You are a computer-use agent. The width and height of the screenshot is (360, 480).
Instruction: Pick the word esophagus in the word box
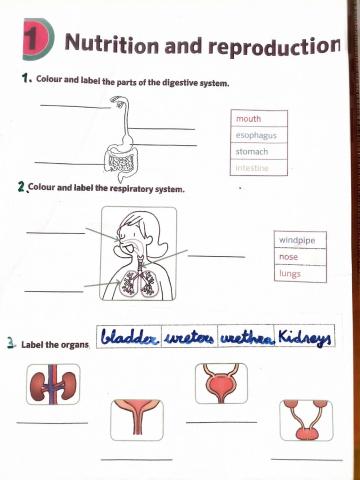click(x=256, y=135)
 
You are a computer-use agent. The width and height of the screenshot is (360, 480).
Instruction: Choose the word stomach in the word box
click(x=251, y=151)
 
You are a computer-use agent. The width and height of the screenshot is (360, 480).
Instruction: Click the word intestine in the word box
click(x=253, y=167)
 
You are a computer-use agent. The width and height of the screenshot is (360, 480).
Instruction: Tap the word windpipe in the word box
click(x=296, y=240)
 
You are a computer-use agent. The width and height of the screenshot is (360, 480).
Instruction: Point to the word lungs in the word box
click(x=290, y=273)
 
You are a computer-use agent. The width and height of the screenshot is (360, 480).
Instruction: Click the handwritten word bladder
click(x=130, y=335)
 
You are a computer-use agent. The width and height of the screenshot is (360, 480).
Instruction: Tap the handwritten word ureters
click(x=189, y=336)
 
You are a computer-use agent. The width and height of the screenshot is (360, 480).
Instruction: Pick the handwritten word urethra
click(x=245, y=336)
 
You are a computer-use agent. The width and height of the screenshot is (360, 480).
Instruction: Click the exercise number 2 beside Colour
click(x=22, y=187)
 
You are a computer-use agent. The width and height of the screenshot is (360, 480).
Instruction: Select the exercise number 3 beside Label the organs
click(x=10, y=343)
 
